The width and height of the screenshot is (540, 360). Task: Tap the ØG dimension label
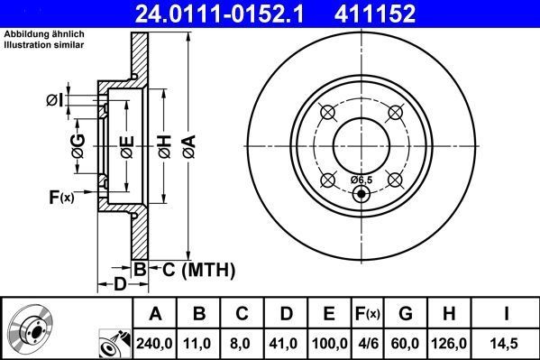78,145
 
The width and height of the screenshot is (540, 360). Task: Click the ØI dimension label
55,99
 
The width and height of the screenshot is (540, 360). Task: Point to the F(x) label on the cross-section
60,195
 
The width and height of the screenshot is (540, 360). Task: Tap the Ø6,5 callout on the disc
361,180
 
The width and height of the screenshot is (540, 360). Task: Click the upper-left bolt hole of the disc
327,112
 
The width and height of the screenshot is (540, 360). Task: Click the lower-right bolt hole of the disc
394,179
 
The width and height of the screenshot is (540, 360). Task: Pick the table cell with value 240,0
155,342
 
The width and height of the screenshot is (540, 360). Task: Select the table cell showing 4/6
367,342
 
